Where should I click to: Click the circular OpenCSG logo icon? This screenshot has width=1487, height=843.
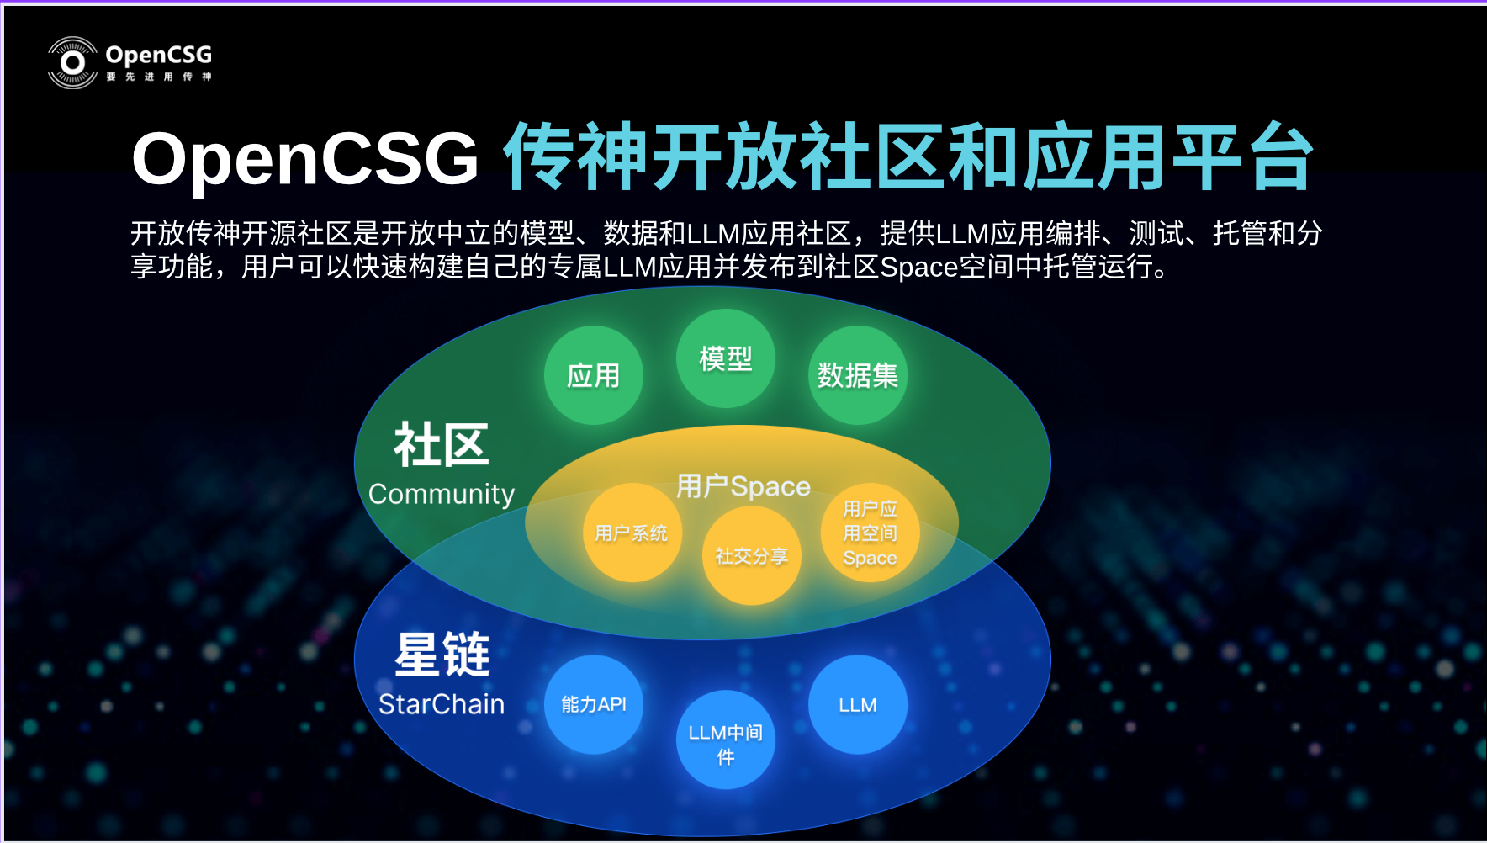73,63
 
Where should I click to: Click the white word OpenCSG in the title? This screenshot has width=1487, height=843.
305,158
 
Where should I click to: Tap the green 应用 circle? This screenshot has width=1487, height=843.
594,375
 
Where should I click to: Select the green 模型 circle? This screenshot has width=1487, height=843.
726,358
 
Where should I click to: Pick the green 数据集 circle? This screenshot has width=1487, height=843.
858,375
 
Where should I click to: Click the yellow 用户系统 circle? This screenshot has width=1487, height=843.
632,533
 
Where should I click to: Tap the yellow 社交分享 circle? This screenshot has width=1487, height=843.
752,555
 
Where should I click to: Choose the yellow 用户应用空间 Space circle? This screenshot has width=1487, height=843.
871,533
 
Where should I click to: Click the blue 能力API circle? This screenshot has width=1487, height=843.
594,704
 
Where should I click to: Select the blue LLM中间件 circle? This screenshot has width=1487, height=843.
726,740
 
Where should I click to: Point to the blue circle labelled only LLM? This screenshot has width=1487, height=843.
858,704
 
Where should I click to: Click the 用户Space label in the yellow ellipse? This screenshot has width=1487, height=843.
743,486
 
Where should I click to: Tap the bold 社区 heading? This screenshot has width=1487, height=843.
442,444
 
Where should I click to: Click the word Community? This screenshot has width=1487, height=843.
442,494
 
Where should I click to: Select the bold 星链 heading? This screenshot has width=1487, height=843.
442,654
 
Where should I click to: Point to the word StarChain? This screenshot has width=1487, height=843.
442,704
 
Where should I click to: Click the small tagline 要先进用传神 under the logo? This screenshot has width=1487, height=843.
159,77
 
